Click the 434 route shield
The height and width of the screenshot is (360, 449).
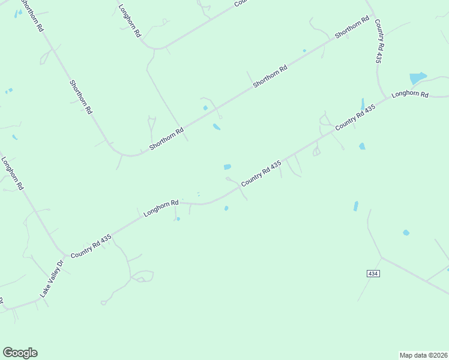(373, 273)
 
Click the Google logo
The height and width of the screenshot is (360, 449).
(20, 353)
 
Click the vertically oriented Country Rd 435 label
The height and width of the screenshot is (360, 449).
(379, 41)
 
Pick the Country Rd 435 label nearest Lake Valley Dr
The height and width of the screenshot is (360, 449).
(91, 247)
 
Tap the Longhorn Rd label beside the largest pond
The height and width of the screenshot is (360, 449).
(410, 94)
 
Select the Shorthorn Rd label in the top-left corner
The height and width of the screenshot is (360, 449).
(31, 16)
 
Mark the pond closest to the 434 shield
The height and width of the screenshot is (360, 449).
(406, 232)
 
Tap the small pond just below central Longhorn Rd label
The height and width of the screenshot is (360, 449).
(178, 218)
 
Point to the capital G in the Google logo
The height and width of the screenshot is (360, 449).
(8, 353)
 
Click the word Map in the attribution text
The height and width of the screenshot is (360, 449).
(407, 355)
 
